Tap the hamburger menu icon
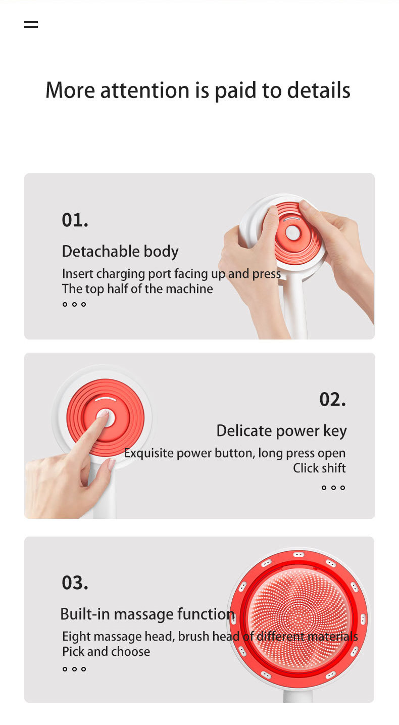point(31,25)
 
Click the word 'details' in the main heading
point(318,90)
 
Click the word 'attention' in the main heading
point(144,90)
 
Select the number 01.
point(75,220)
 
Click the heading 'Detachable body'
point(120,252)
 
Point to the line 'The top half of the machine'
point(137,288)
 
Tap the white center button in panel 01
point(293,233)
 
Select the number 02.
point(333,399)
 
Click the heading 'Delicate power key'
point(281,431)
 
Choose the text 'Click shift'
point(319,468)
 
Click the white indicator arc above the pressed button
point(106,399)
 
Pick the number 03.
point(75,583)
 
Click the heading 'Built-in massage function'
point(147,614)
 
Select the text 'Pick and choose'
point(106,651)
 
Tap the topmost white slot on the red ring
point(298,555)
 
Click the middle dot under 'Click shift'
point(333,488)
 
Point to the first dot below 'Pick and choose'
point(65,669)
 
